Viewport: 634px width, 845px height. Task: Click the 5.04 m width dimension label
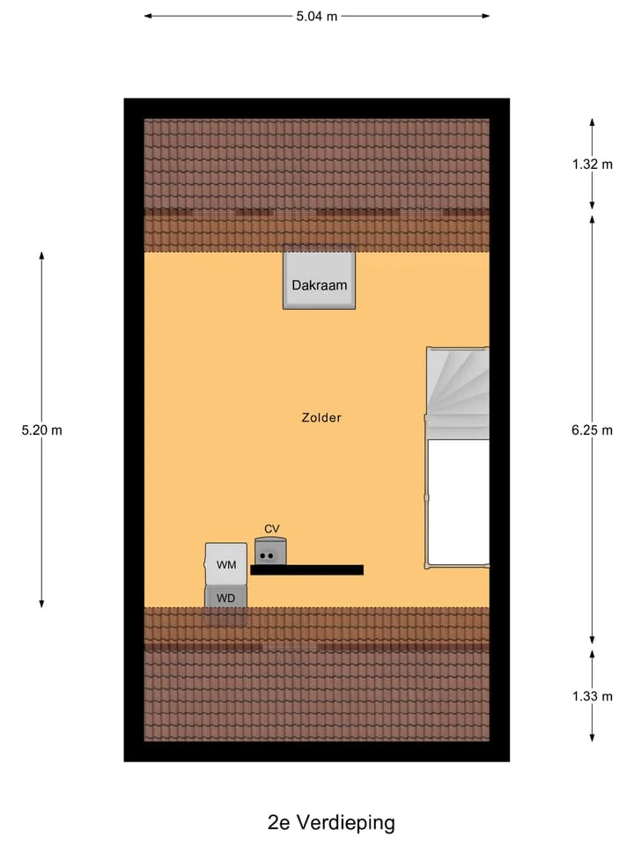[316, 16]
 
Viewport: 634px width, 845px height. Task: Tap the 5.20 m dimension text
[41, 430]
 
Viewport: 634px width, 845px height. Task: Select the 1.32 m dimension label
[592, 165]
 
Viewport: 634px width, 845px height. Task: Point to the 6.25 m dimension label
[592, 430]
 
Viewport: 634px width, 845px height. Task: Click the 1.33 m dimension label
[592, 696]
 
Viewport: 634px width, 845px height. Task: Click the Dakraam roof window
[319, 277]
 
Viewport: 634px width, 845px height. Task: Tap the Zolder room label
[321, 417]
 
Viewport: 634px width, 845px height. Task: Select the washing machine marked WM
[226, 563]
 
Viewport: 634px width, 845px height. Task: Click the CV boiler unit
[270, 551]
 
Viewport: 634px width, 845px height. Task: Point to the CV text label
[272, 529]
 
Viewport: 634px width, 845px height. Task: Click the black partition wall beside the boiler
[306, 569]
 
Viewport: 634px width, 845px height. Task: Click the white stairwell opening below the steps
[458, 503]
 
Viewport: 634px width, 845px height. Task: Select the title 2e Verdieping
[331, 822]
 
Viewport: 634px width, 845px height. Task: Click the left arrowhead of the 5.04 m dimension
[148, 16]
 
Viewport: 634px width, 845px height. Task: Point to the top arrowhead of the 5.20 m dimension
[41, 256]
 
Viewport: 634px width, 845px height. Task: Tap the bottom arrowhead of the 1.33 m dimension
[592, 737]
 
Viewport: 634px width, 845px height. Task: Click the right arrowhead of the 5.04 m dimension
[485, 16]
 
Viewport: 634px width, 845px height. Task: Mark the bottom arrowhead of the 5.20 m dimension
[41, 603]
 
